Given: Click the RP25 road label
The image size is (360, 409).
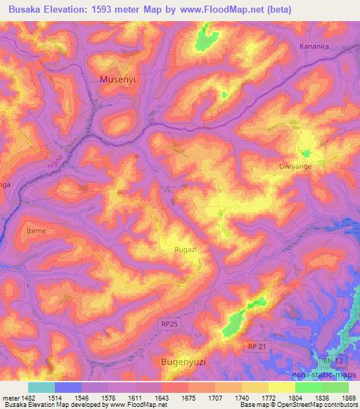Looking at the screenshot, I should pos(169,324).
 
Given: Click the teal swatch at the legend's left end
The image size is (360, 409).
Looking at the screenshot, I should pos(41,387).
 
